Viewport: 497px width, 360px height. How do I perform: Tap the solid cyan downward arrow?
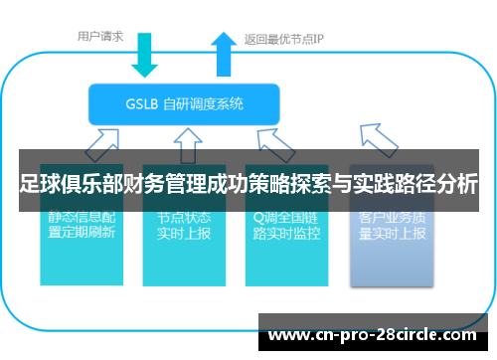click(145, 54)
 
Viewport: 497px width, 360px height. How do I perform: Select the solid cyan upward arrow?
click(221, 54)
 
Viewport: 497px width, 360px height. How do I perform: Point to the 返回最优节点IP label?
click(284, 40)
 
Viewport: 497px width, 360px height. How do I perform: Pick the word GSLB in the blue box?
click(141, 103)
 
